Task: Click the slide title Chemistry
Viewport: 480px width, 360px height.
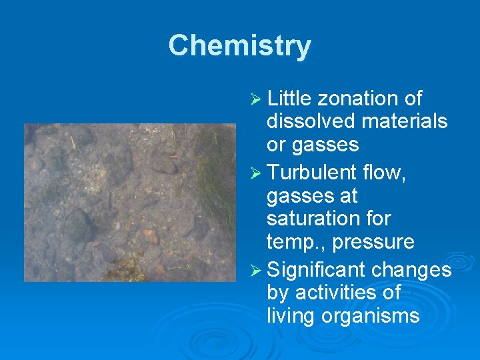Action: (x=239, y=46)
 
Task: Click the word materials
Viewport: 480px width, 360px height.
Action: (x=406, y=121)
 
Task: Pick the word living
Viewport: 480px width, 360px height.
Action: (x=291, y=316)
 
